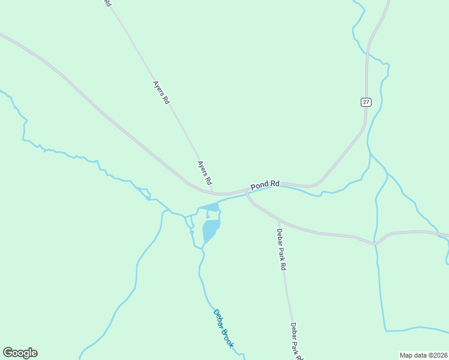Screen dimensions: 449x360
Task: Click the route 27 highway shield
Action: (366, 102)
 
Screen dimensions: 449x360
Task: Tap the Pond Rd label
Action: (265, 185)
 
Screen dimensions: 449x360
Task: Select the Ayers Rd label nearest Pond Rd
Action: (205, 172)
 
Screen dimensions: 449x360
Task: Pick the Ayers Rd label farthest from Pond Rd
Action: (161, 94)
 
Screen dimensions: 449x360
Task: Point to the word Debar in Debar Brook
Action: (217, 317)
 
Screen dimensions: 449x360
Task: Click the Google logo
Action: (20, 353)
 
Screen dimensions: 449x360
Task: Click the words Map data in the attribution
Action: (414, 355)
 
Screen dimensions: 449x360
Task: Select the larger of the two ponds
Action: (210, 229)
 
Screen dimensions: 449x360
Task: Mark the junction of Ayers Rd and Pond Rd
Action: (213, 193)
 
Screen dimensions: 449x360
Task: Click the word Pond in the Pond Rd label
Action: (259, 187)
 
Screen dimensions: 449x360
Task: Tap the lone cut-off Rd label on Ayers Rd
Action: (107, 3)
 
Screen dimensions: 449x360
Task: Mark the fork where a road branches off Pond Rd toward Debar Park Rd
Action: (246, 193)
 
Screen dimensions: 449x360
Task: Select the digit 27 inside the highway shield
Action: (366, 102)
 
